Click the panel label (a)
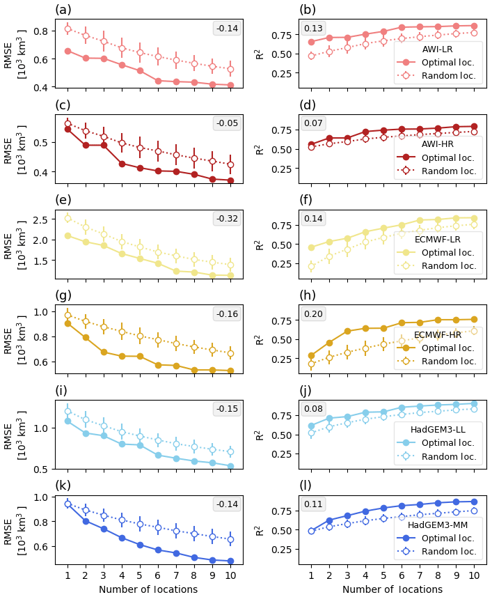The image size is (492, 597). click(x=63, y=10)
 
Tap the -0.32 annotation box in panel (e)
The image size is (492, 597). click(x=227, y=219)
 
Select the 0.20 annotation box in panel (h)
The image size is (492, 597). click(x=313, y=314)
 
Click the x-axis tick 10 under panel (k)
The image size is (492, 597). click(x=230, y=575)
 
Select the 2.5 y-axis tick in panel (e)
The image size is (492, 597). click(x=43, y=219)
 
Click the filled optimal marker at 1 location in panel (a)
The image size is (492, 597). click(x=68, y=51)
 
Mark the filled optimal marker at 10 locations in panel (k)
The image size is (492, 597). click(x=230, y=561)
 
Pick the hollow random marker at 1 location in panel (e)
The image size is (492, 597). click(x=68, y=218)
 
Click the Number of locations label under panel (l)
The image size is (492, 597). click(x=392, y=589)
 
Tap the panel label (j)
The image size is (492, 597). click(x=307, y=390)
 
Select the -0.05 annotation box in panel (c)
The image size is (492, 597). click(x=227, y=123)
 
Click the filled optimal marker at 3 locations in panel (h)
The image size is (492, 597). click(x=347, y=331)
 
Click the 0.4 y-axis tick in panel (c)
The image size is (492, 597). click(x=43, y=172)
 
